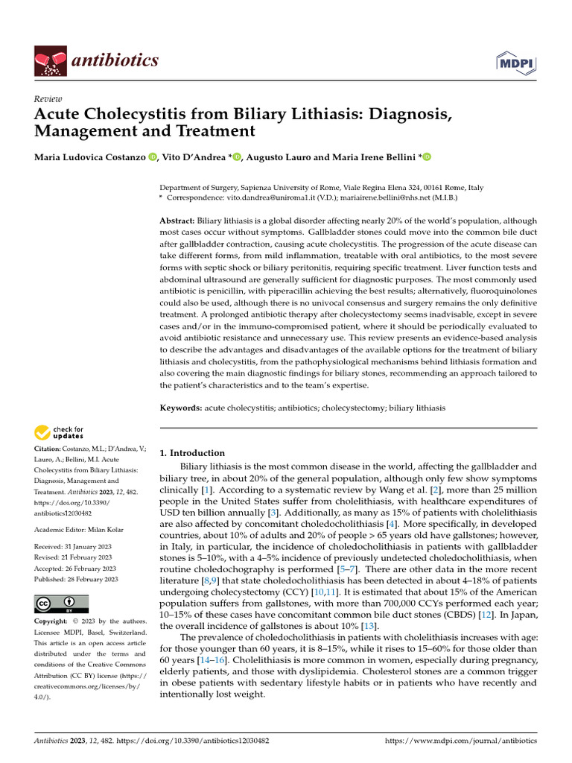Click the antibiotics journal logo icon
pyautogui.click(x=50, y=60)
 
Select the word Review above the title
pyautogui.click(x=48, y=99)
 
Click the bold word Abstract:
pyautogui.click(x=177, y=222)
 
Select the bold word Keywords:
pyautogui.click(x=181, y=408)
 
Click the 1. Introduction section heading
pyautogui.click(x=193, y=453)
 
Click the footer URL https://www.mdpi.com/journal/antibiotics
pyautogui.click(x=460, y=741)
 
